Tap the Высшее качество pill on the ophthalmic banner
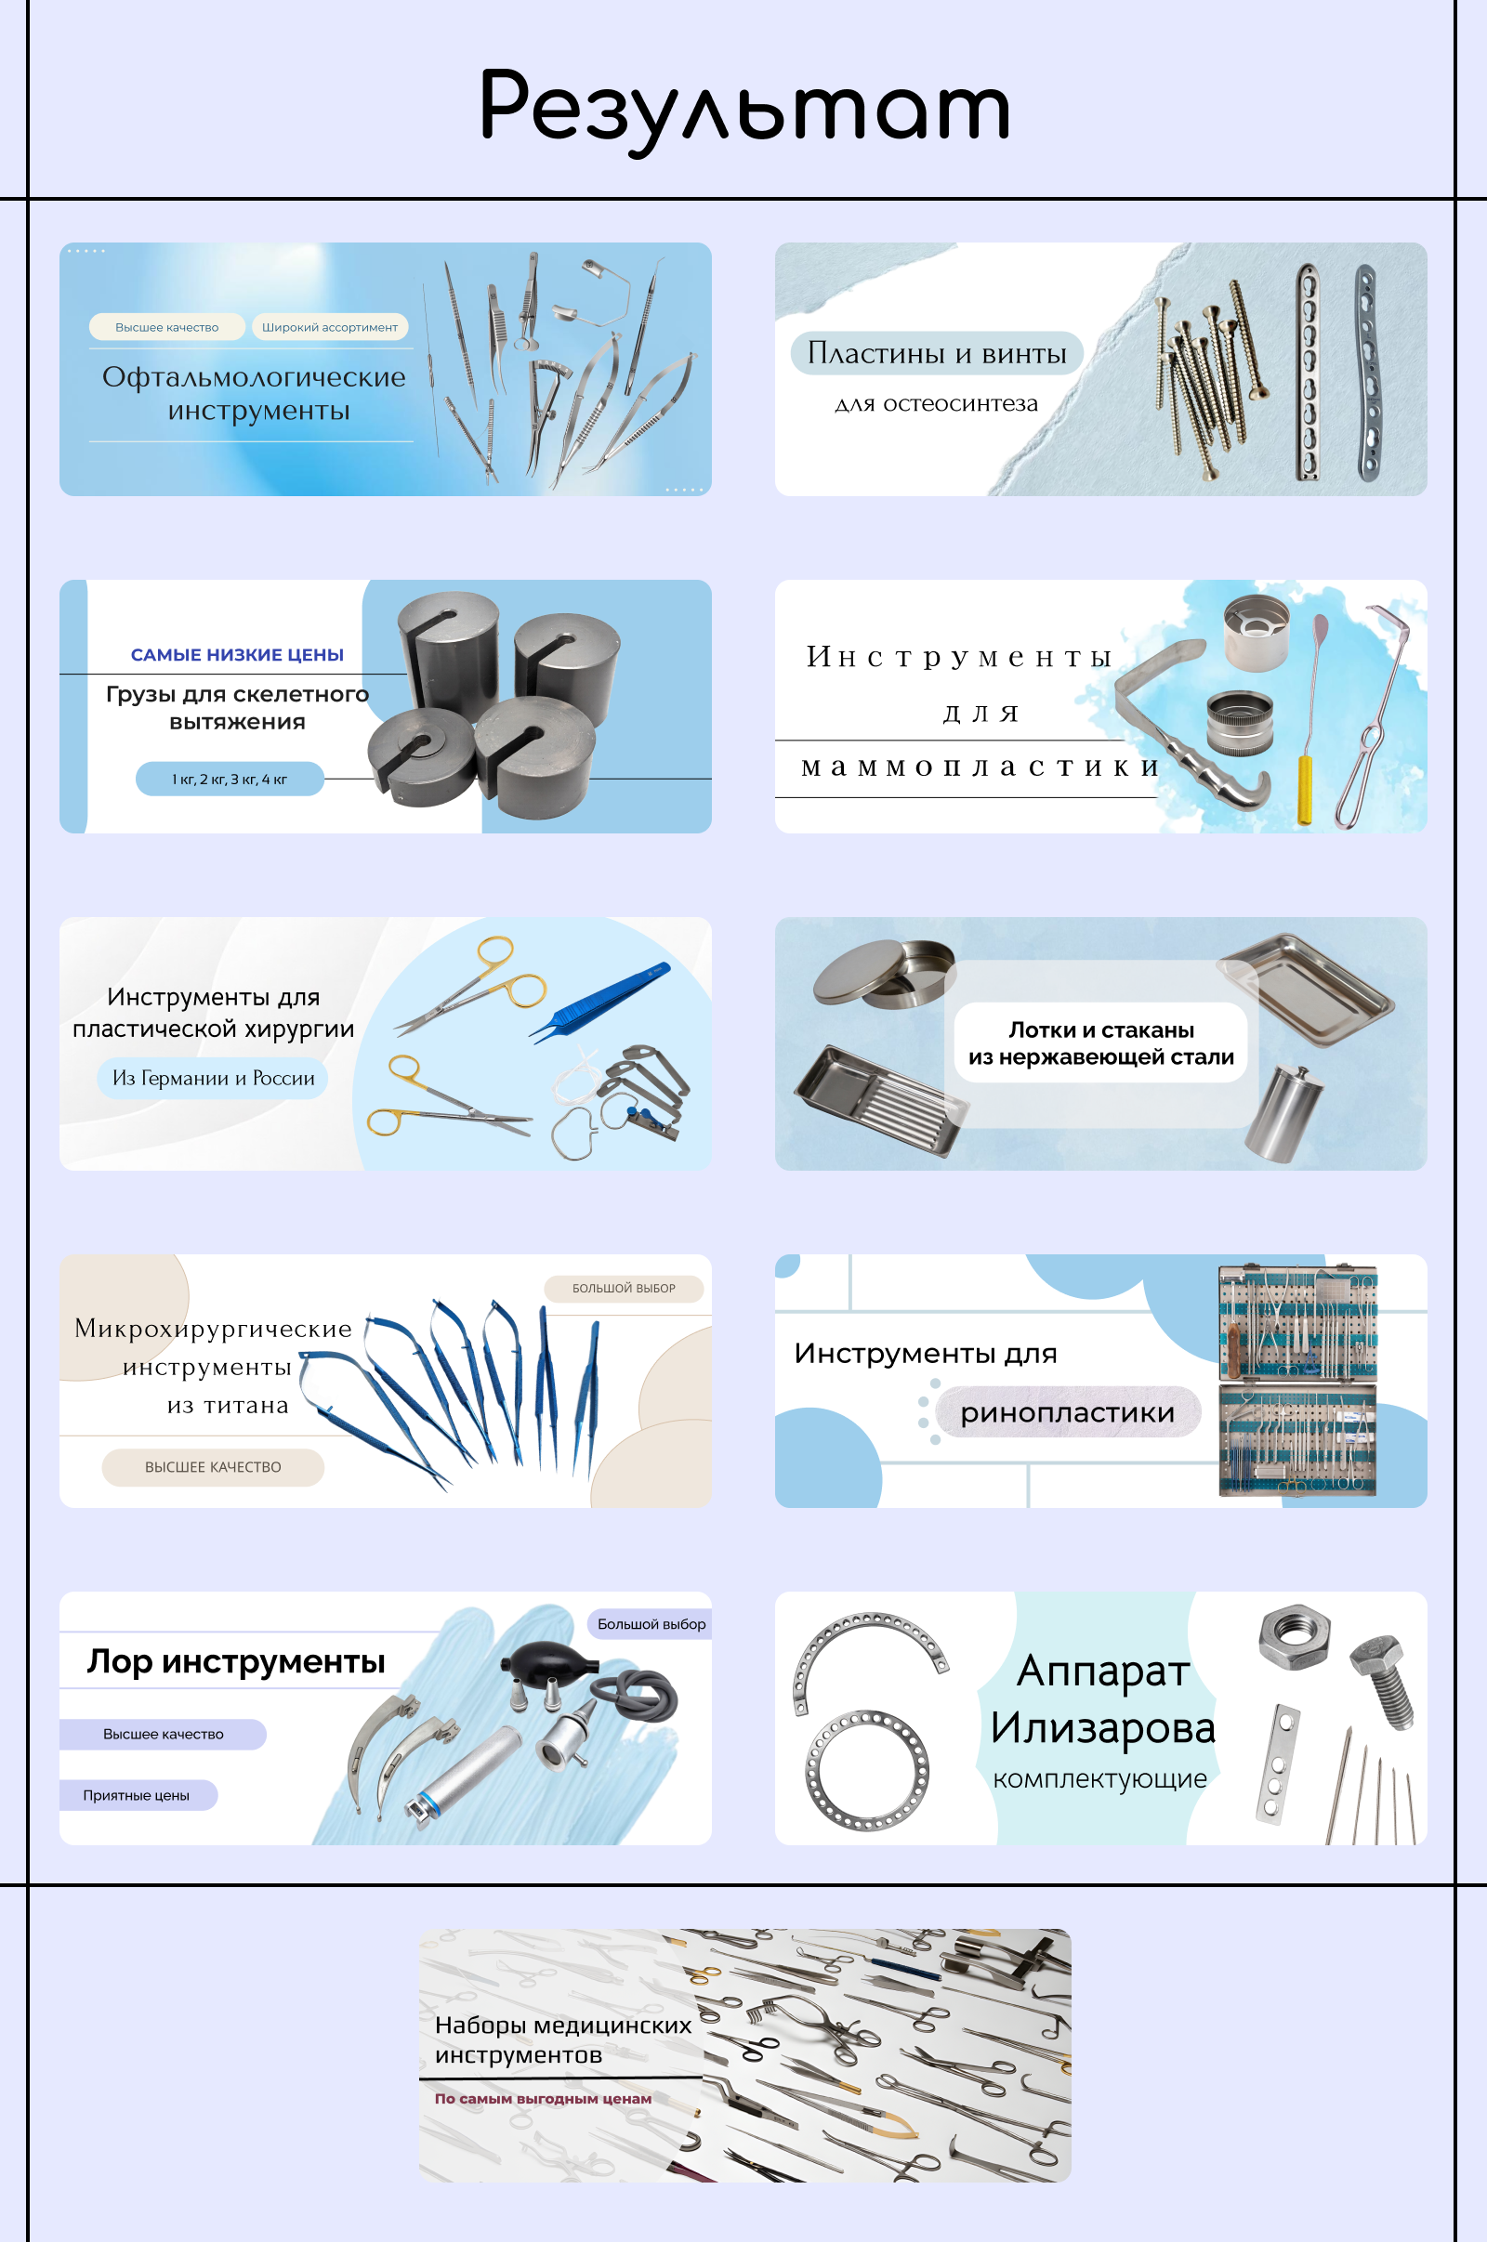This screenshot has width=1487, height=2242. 167,327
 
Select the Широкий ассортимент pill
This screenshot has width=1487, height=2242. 330,327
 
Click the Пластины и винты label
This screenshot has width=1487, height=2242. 937,354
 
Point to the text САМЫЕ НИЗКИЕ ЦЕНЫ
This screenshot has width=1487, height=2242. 237,655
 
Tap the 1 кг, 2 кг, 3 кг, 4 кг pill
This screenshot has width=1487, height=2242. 230,780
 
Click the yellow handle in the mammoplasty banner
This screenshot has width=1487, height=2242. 1305,791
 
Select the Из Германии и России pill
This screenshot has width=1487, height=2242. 214,1079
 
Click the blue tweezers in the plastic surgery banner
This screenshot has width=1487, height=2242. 599,1001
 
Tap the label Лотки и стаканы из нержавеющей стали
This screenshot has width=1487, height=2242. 1101,1042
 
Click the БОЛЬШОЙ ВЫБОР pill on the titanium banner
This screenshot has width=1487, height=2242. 624,1289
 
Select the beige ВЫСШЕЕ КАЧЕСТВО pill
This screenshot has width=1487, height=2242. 214,1467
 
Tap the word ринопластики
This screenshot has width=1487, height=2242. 1068,1412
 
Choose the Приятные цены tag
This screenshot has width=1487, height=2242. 137,1795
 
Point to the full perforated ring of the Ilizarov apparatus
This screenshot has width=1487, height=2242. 868,1771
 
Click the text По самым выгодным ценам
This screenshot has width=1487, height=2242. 544,2099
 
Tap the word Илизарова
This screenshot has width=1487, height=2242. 1103,1728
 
